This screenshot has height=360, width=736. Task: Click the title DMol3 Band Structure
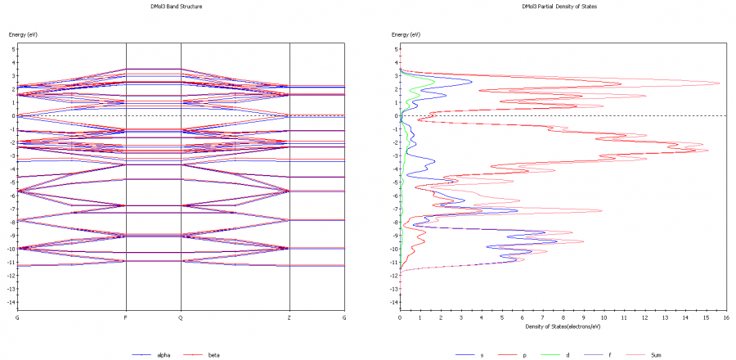click(x=180, y=7)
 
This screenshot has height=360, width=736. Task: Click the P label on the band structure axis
click(x=125, y=317)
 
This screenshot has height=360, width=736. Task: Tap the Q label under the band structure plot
click(x=181, y=317)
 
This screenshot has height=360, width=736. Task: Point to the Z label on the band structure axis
click(x=289, y=317)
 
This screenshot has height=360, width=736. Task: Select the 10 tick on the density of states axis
click(x=604, y=317)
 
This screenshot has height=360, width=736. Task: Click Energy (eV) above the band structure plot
click(x=23, y=34)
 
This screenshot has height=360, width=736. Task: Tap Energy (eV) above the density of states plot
click(x=406, y=34)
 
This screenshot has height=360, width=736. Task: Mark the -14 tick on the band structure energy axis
click(x=11, y=303)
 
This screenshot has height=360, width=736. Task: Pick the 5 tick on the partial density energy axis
click(x=395, y=49)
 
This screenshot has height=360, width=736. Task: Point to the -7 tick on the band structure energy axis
click(x=11, y=209)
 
